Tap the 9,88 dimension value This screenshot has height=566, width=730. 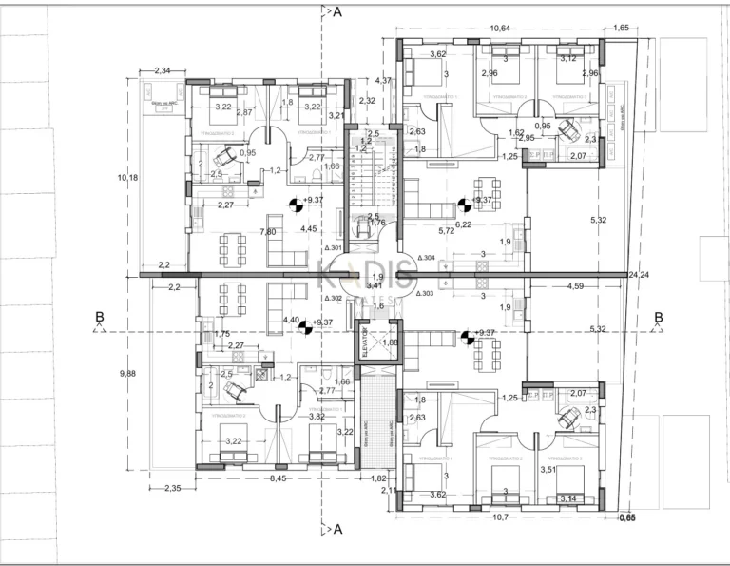click(x=128, y=374)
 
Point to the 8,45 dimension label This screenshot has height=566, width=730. click(x=279, y=478)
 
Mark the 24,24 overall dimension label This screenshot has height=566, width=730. click(x=638, y=275)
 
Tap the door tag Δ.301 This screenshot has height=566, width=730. click(x=333, y=248)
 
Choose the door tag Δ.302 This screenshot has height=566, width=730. click(x=333, y=298)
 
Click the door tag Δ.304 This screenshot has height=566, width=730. click(x=425, y=258)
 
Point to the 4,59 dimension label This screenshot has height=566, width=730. click(x=576, y=285)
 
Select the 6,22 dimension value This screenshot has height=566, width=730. click(x=463, y=224)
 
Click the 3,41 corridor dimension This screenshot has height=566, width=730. click(x=375, y=284)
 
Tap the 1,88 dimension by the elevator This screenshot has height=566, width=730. click(x=391, y=343)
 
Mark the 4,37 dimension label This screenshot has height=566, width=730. click(x=383, y=80)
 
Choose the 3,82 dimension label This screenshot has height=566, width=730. click(x=317, y=416)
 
